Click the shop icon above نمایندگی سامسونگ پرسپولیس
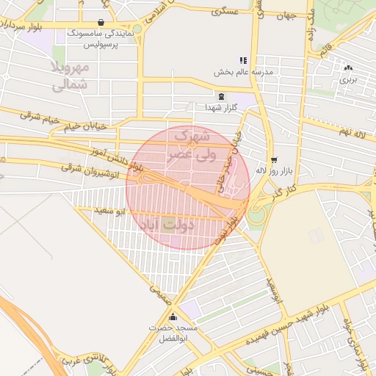tap(100, 22)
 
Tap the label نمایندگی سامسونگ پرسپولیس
tap(99, 39)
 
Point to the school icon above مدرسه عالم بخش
tap(243, 60)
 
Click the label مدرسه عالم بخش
tap(243, 72)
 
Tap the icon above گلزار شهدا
tap(221, 96)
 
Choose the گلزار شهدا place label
tap(221, 108)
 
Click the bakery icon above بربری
tap(347, 68)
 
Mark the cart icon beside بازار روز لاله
tap(274, 159)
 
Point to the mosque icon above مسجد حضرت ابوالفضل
tap(173, 317)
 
